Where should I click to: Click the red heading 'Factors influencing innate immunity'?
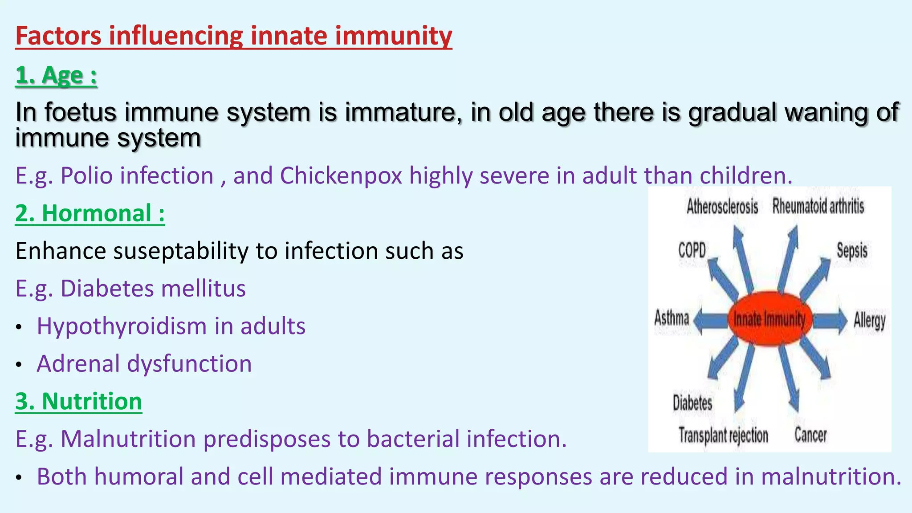tap(233, 36)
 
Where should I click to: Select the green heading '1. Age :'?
tap(56, 75)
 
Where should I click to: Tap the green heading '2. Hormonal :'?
tap(90, 213)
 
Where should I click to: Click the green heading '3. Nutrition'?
tap(78, 401)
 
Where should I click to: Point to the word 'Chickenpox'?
tap(341, 175)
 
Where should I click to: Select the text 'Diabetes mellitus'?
tap(153, 289)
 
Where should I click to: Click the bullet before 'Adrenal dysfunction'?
tap(18, 365)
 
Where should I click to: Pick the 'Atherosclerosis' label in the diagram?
tap(722, 207)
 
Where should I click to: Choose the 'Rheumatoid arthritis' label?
tap(818, 207)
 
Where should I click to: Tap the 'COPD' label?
tap(692, 250)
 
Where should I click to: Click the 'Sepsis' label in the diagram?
tap(851, 251)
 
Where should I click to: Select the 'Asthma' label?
tap(671, 318)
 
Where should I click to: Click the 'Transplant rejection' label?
tap(723, 435)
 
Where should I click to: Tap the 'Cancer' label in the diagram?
tap(810, 435)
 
